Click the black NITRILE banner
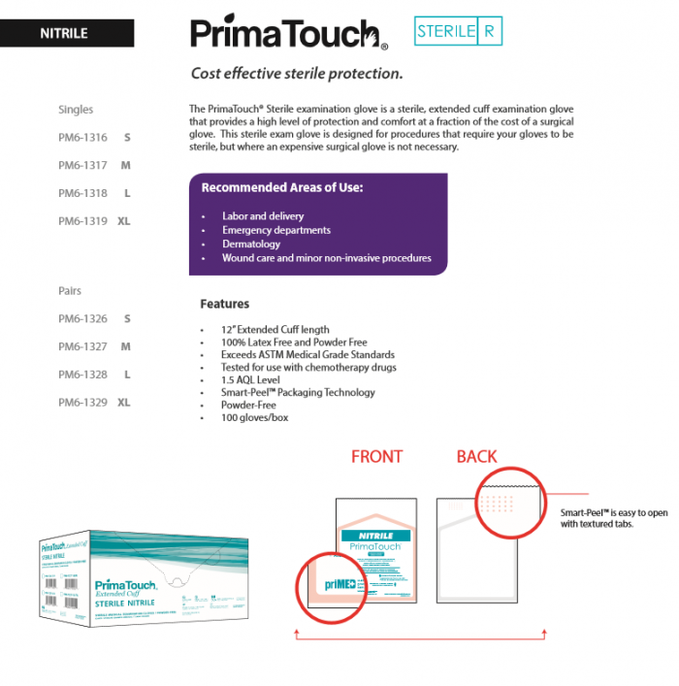[x=66, y=33]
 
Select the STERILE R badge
[x=458, y=31]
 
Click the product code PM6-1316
[x=82, y=138]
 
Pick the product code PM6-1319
[x=82, y=221]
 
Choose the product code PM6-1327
[x=82, y=346]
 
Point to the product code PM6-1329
[x=82, y=402]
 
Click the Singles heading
[x=76, y=110]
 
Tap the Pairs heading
[x=70, y=291]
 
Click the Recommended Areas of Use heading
[x=281, y=187]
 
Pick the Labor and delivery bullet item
[x=262, y=216]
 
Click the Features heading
[x=224, y=304]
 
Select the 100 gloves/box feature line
[x=254, y=417]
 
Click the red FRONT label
[x=376, y=456]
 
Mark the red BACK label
[x=476, y=456]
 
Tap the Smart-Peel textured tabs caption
[x=609, y=517]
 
